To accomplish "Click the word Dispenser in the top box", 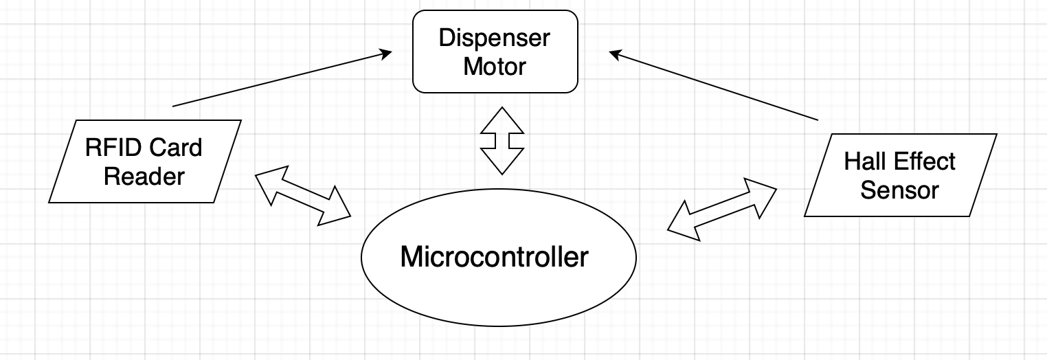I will coord(495,38).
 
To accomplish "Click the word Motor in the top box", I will coord(495,67).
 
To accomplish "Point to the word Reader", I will coord(144,177).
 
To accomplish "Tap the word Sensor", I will coord(899,190).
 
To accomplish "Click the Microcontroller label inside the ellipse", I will coord(494,257).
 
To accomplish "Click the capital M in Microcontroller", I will coord(411,257).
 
